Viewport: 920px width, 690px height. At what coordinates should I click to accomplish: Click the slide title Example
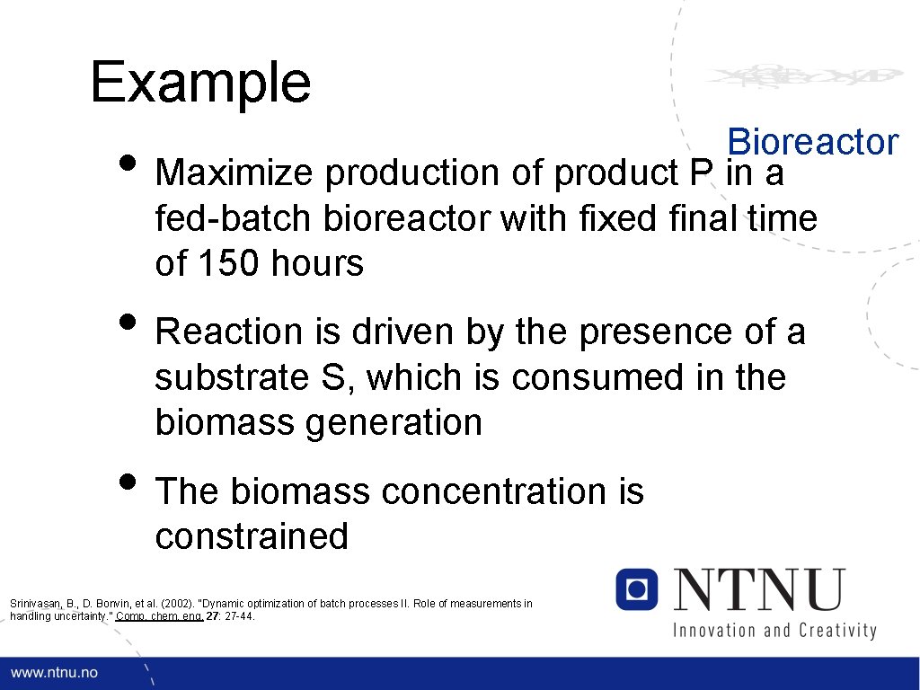[x=200, y=83]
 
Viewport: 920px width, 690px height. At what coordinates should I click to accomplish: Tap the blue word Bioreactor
[x=812, y=142]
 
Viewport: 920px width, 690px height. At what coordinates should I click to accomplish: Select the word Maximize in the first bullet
[x=235, y=173]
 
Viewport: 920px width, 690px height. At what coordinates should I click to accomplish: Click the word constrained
[x=252, y=536]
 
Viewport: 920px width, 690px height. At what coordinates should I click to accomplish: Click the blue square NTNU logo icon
[x=637, y=589]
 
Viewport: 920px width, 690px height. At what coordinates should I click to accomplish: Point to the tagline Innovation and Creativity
[x=774, y=630]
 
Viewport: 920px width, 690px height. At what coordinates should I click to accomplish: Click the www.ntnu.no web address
[x=55, y=673]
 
